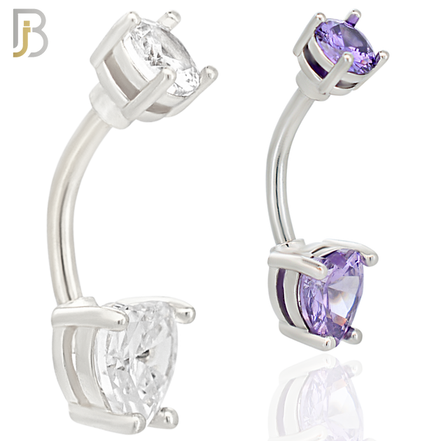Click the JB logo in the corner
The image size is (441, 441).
tap(30, 33)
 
